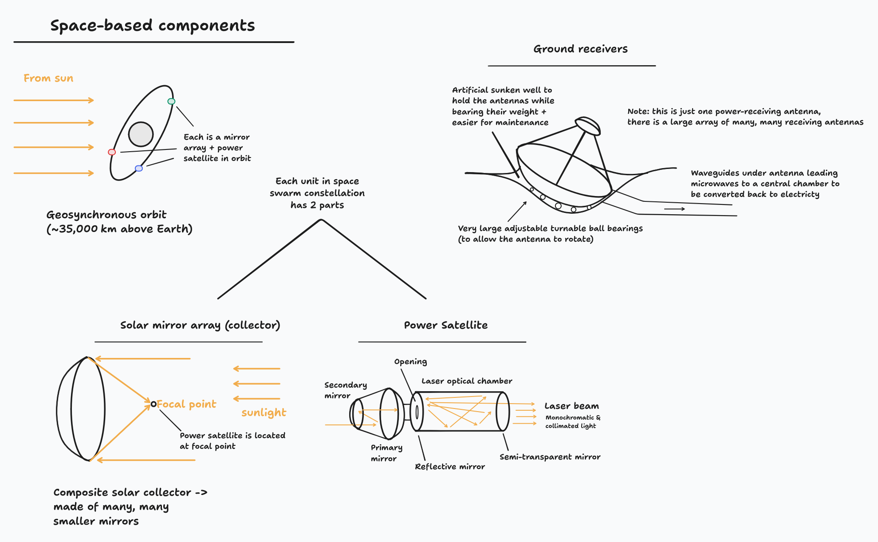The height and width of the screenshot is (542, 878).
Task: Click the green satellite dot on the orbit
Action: [x=171, y=101]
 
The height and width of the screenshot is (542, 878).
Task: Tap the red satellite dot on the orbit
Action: [x=112, y=152]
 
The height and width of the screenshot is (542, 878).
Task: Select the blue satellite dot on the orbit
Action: [x=139, y=168]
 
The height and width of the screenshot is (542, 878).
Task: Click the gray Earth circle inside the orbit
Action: [x=141, y=134]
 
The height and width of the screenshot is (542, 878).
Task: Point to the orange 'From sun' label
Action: [x=48, y=79]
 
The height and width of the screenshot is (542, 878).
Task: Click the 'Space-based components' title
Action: [x=153, y=26]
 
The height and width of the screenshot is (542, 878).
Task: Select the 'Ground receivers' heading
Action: [x=580, y=49]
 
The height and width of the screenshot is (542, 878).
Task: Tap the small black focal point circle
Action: [x=154, y=404]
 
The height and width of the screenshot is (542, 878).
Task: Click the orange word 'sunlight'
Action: [x=264, y=413]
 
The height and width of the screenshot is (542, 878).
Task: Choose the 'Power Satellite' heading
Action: [x=445, y=325]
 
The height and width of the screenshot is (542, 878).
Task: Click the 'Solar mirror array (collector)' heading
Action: [x=200, y=325]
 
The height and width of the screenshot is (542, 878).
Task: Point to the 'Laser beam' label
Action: [x=571, y=406]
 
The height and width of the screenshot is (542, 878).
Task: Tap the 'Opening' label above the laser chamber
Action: [x=410, y=361]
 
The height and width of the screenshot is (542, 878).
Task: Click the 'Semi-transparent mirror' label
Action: [x=550, y=457]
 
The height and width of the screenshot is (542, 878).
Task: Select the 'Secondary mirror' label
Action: [x=345, y=390]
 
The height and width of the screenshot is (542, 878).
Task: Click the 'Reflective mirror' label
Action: [x=450, y=467]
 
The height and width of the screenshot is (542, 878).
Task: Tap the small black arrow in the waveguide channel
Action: [x=674, y=209]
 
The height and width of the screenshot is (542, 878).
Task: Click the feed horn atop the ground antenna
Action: [x=588, y=126]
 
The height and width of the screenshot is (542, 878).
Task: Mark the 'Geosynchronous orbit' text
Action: [x=106, y=215]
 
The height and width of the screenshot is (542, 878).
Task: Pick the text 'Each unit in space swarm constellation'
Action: [x=317, y=187]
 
